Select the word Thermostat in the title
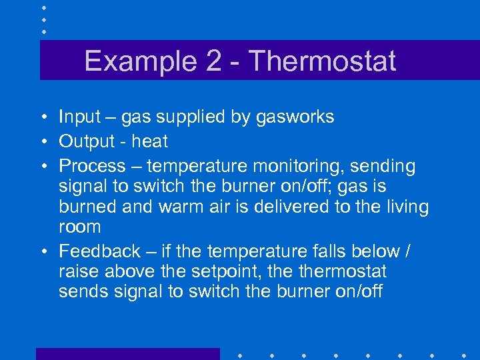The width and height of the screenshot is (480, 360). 322,61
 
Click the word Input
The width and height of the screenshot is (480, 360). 75,117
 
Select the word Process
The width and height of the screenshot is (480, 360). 92,166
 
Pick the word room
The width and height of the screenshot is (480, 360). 79,227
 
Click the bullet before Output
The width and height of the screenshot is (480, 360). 42,142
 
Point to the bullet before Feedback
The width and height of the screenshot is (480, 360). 42,252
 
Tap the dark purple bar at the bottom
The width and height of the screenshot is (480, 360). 127,353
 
